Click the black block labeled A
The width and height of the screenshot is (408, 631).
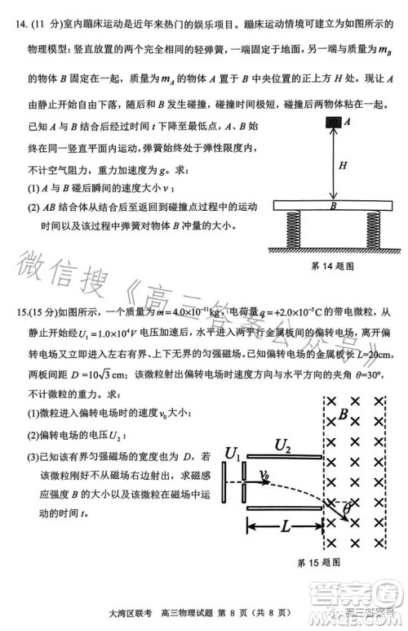coord(333,123)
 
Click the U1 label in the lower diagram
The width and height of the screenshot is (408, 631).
coord(232,452)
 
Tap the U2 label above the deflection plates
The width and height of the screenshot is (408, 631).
coord(283,445)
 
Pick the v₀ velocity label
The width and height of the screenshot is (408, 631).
coord(266,473)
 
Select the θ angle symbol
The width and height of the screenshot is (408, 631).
coord(347,511)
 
